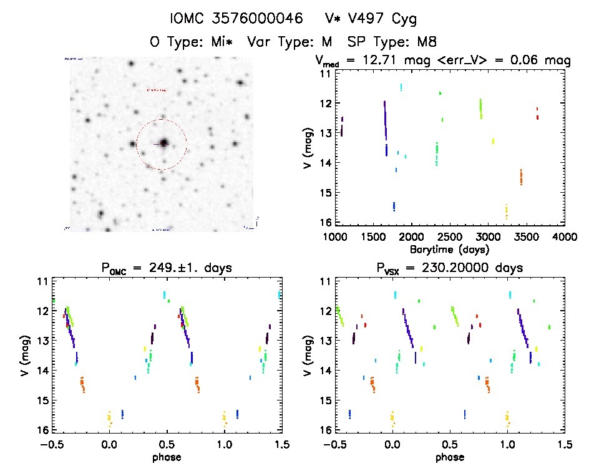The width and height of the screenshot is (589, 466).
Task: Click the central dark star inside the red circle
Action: tap(163, 143)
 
